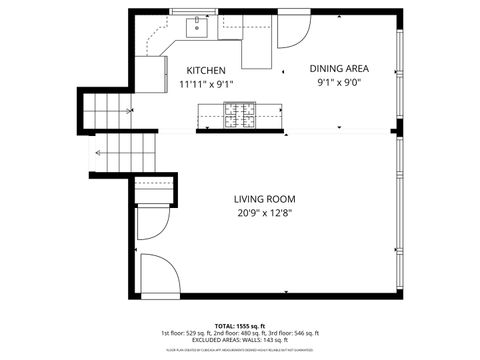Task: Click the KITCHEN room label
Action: click(206, 71)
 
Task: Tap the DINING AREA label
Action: click(339, 69)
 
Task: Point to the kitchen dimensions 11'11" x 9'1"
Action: click(206, 85)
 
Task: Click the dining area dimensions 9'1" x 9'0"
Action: click(339, 83)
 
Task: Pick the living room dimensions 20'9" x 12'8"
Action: click(264, 212)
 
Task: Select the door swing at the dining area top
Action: click(293, 33)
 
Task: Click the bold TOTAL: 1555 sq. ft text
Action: click(240, 326)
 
